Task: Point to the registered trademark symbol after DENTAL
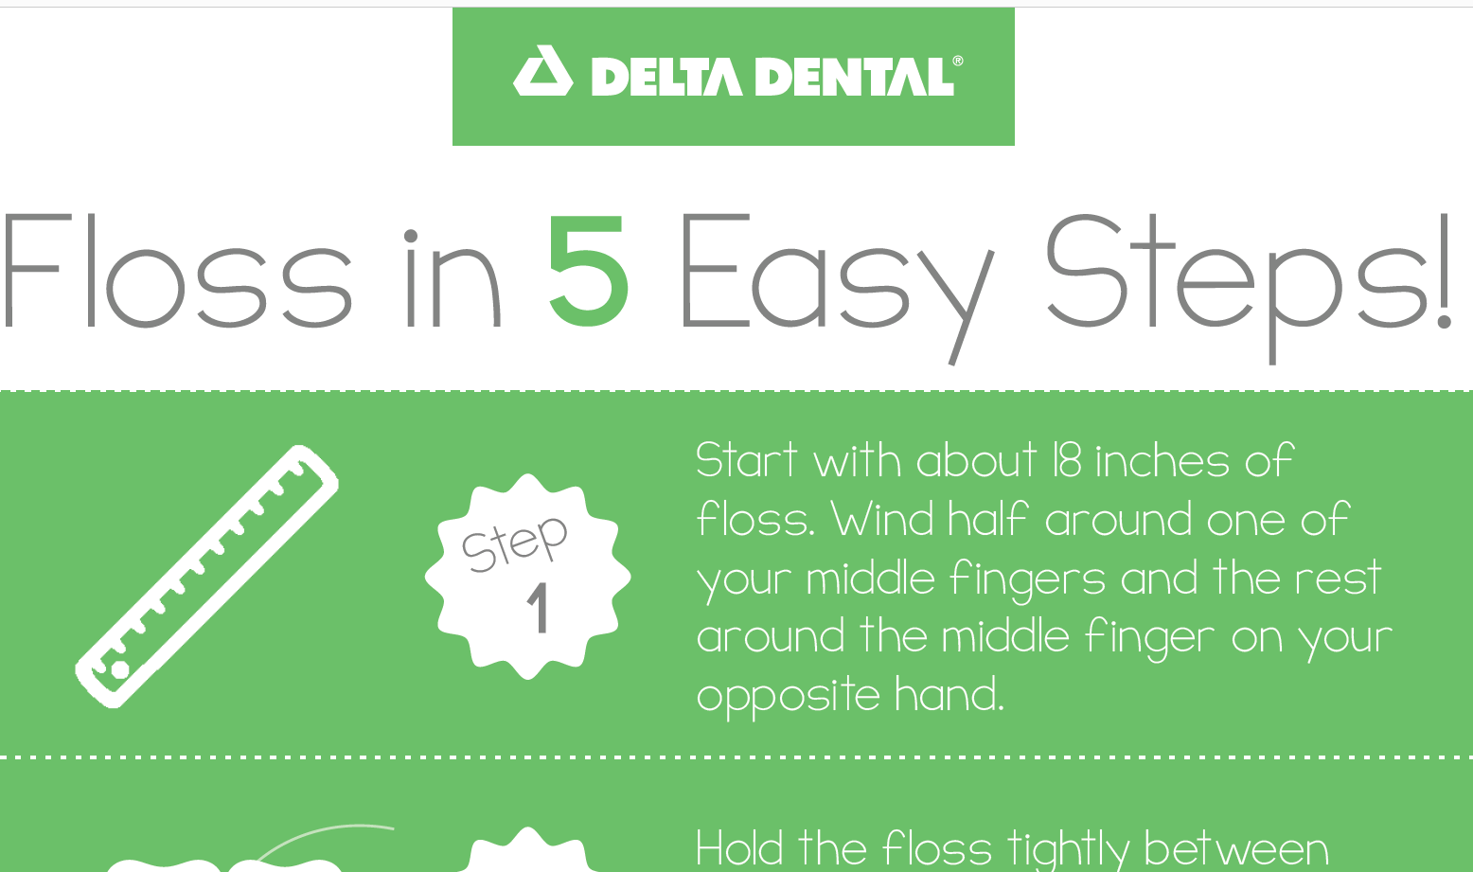point(958,62)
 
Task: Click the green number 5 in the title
point(588,273)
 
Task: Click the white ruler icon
point(206,576)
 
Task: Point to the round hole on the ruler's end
point(119,669)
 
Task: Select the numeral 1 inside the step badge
point(538,609)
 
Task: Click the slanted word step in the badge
point(514,544)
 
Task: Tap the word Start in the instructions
point(747,461)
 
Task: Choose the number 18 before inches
point(1066,461)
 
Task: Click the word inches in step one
point(1162,461)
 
